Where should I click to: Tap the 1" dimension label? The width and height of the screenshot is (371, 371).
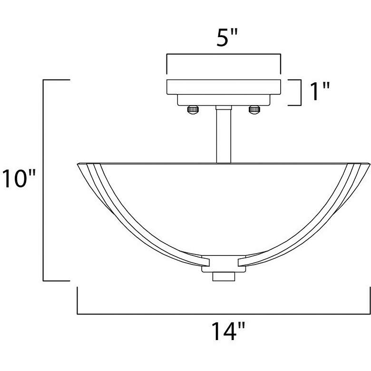pos(319,92)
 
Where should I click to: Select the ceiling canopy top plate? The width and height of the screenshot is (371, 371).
pos(223,87)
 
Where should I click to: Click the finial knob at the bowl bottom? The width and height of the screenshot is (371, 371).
pos(223,276)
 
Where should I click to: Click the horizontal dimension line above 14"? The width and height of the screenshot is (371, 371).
pos(223,314)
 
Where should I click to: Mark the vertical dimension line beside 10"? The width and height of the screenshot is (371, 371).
pos(44,181)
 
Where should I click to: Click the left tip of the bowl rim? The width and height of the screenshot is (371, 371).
pos(78,165)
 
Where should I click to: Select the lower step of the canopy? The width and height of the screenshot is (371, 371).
pos(223,100)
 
